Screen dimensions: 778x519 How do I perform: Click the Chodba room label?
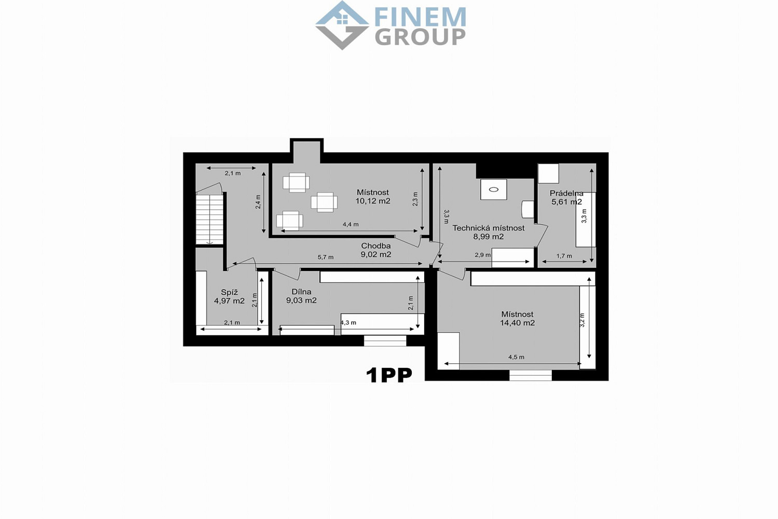point(376,246)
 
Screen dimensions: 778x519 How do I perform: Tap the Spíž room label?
point(229,292)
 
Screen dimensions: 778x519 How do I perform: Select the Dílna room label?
point(301,292)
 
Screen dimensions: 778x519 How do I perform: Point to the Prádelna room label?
point(566,193)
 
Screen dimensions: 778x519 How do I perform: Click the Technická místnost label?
point(489,228)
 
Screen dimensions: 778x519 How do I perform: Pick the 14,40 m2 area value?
point(517,323)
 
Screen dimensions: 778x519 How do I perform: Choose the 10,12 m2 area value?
point(373,201)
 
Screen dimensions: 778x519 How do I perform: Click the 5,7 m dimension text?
point(325,257)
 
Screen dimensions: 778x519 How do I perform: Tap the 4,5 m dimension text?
point(516,357)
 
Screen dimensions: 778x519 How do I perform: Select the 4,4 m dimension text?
point(351,224)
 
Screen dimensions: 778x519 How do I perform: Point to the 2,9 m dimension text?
point(483,255)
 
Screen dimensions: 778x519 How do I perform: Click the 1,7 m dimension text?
point(564,256)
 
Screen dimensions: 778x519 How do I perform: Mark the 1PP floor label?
point(389,375)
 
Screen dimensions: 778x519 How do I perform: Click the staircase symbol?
point(210,220)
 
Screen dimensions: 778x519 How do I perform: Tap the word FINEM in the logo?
point(420,17)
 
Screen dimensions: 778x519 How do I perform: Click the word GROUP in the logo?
point(420,37)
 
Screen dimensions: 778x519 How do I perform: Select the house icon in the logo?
point(342,25)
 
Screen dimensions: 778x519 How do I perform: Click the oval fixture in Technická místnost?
point(494,189)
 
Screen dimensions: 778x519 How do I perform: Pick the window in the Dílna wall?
point(385,340)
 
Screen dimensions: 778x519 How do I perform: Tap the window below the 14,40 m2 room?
point(531,375)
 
